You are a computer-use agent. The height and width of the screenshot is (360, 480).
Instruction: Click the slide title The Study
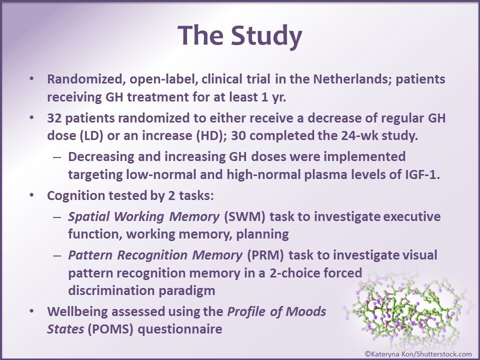[240, 36]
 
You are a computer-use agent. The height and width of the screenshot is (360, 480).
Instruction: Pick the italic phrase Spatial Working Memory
[144, 217]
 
